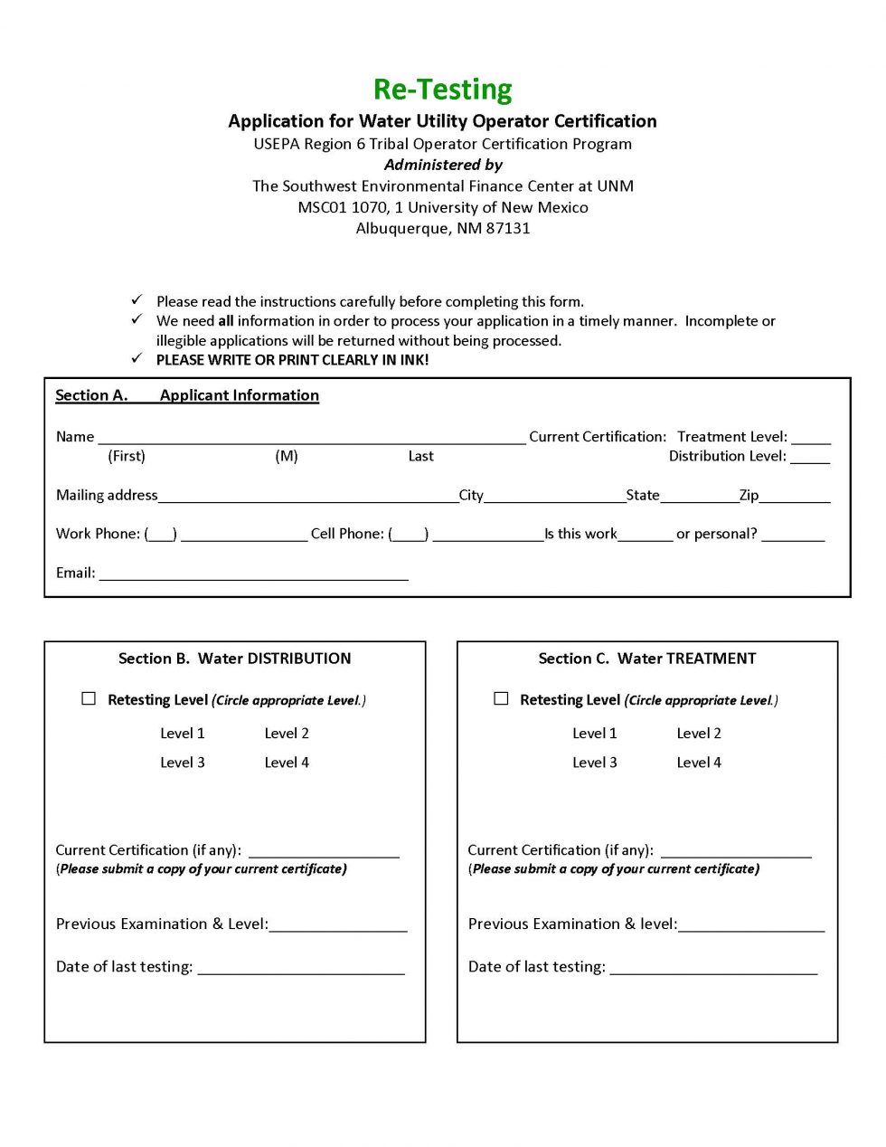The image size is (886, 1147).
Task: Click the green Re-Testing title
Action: click(442, 90)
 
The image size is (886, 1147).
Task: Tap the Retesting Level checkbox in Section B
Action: click(89, 698)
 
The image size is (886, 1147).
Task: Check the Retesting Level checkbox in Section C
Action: click(501, 698)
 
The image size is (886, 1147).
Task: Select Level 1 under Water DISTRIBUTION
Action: click(183, 734)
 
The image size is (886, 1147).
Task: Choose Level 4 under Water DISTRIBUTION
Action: click(287, 763)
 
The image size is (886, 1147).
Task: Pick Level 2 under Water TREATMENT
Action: click(699, 734)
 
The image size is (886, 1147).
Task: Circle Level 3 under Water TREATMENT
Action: click(595, 763)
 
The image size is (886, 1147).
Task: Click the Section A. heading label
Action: click(91, 395)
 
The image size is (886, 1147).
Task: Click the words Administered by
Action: click(443, 165)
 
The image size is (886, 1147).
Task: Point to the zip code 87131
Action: click(508, 228)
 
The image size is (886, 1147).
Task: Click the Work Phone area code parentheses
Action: click(161, 535)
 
